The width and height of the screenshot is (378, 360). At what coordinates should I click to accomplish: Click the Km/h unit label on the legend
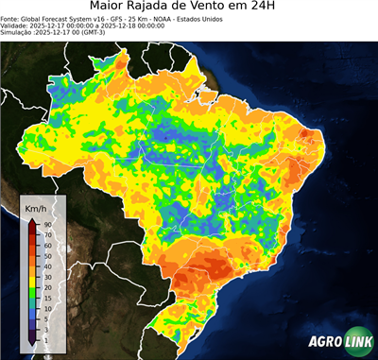38,209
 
